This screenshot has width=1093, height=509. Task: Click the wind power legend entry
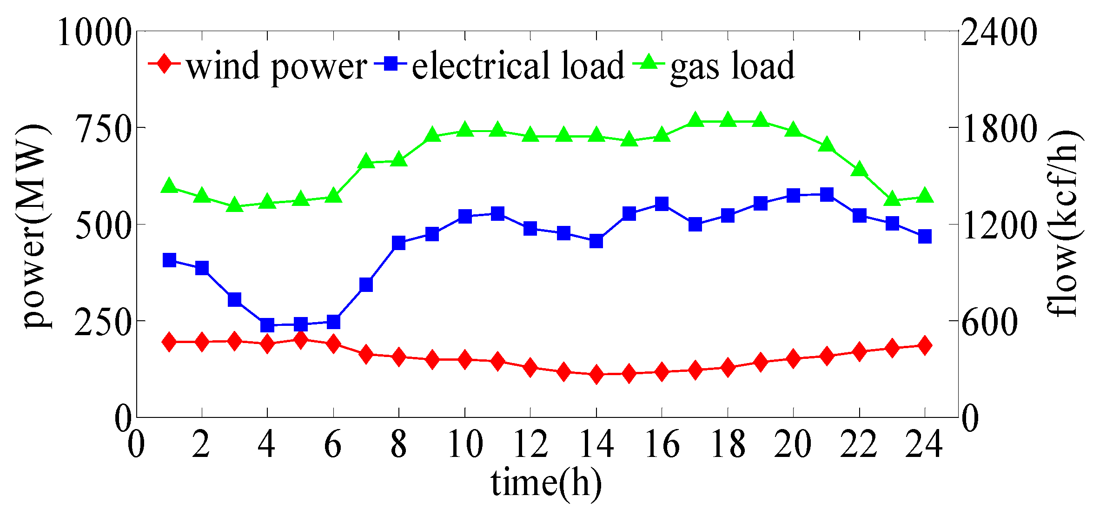[x=277, y=66]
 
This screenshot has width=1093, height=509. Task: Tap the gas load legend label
[x=732, y=66]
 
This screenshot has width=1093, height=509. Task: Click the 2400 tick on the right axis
[x=999, y=33]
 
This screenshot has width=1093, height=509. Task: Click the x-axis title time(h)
[x=546, y=483]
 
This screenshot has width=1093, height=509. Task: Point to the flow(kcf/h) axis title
[x=1062, y=223]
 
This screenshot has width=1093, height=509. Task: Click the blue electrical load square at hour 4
[x=267, y=325]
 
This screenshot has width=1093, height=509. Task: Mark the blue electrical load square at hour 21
[x=827, y=195]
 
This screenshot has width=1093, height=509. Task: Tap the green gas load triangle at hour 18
[x=728, y=120]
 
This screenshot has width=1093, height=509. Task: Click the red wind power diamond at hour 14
[x=596, y=374]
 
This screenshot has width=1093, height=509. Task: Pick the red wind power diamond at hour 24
[x=925, y=345]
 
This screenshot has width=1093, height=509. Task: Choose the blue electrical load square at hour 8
[x=399, y=243]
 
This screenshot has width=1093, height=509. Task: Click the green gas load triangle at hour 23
[x=892, y=199]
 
